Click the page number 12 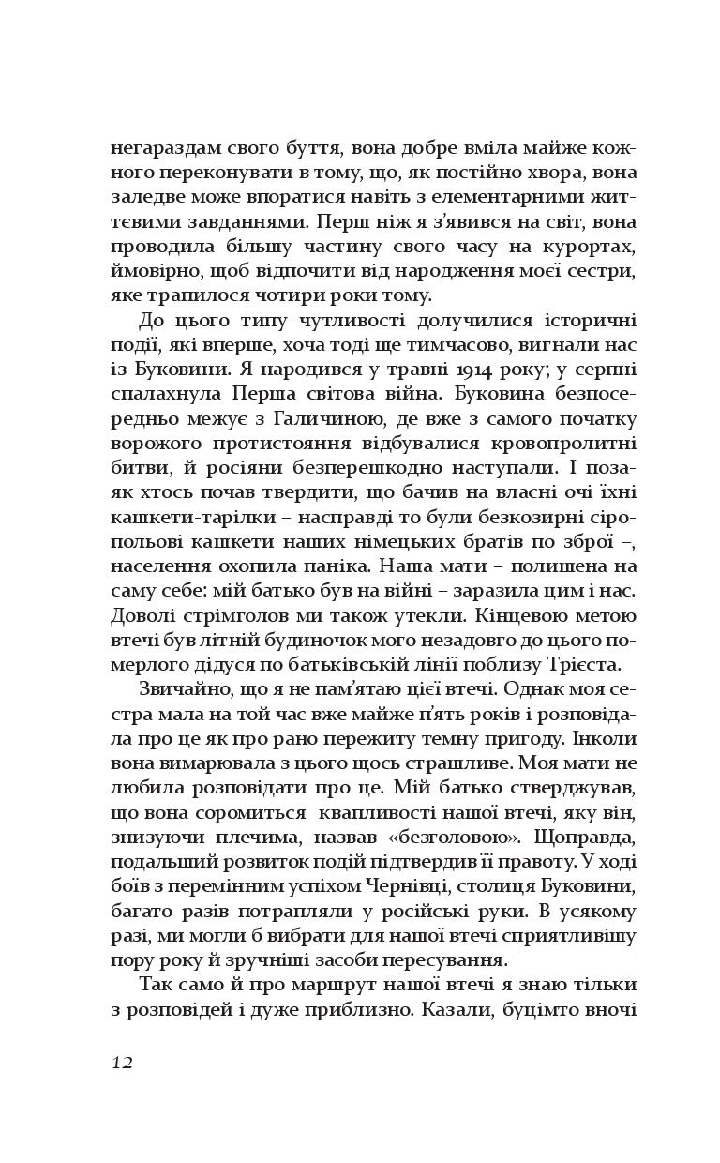(122, 1063)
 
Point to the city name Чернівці (429, 885)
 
